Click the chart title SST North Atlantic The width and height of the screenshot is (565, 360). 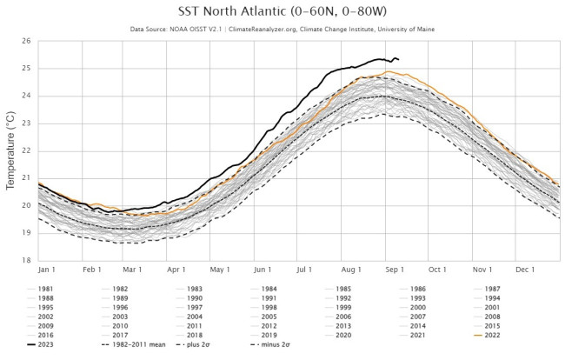tap(282, 12)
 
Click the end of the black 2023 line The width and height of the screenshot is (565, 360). tap(398, 59)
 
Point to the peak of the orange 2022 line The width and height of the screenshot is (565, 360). tap(386, 72)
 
